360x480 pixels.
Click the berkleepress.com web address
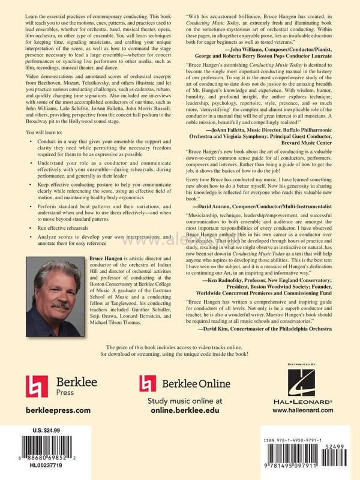pos(58,410)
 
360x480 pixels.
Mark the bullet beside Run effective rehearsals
pos(32,229)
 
